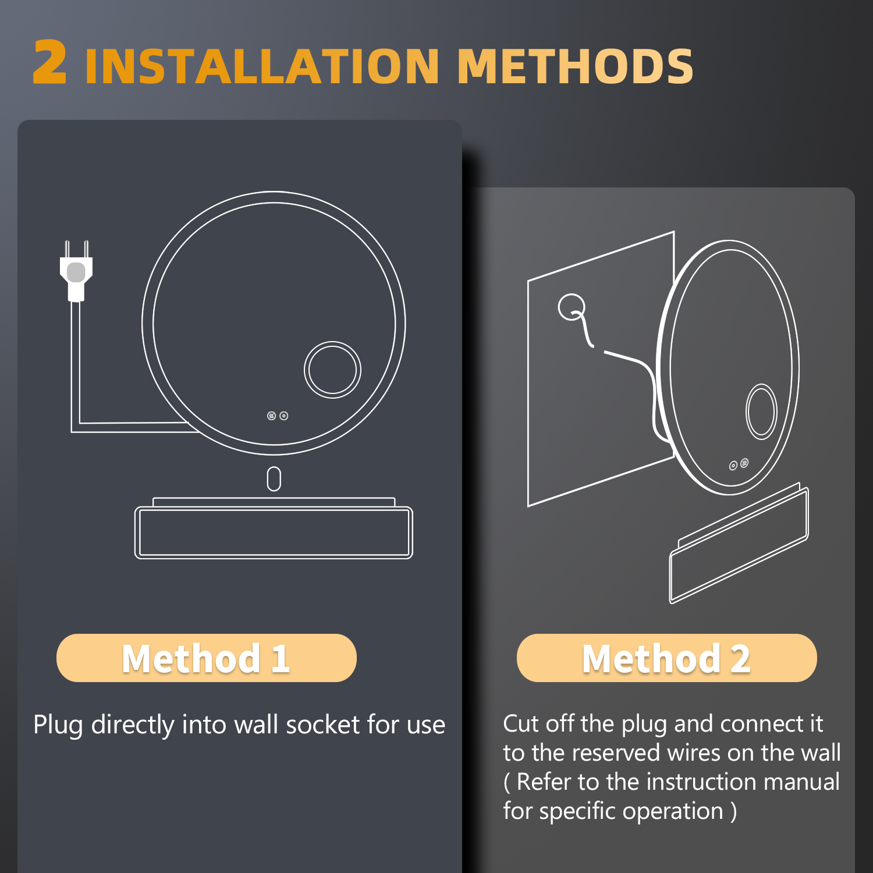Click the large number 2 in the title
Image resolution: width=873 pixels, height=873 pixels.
pyautogui.click(x=49, y=62)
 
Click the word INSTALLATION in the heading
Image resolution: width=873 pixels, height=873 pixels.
pyautogui.click(x=262, y=66)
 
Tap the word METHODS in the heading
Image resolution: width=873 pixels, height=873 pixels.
pyautogui.click(x=575, y=66)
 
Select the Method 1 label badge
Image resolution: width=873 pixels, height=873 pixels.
pyautogui.click(x=206, y=658)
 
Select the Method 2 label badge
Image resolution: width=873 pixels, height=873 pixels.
pyautogui.click(x=666, y=658)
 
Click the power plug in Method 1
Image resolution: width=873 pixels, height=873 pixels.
pyautogui.click(x=76, y=271)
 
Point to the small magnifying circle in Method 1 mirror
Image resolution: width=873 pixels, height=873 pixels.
pyautogui.click(x=332, y=370)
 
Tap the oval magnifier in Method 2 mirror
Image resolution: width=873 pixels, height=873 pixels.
pyautogui.click(x=761, y=411)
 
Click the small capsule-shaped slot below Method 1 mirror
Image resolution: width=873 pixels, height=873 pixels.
pyautogui.click(x=274, y=479)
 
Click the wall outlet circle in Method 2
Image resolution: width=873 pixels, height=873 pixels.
pyautogui.click(x=571, y=307)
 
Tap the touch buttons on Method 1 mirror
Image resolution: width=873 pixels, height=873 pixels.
pyautogui.click(x=278, y=416)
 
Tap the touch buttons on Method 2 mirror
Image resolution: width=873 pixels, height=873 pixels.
pyautogui.click(x=739, y=464)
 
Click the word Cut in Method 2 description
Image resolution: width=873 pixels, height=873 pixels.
pyautogui.click(x=521, y=723)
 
